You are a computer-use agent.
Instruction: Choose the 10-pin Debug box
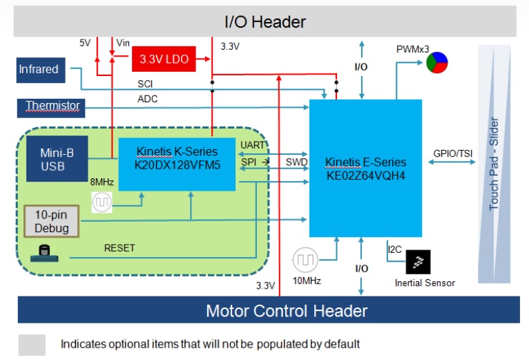click(x=52, y=220)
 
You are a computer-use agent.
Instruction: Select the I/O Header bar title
click(x=265, y=22)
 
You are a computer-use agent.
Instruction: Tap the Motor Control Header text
click(x=287, y=310)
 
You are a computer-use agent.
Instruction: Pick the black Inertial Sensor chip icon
click(x=418, y=262)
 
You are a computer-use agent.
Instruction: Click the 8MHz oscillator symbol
click(x=102, y=202)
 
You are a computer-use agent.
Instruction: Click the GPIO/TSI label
click(x=450, y=153)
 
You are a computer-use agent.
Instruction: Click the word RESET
click(x=119, y=247)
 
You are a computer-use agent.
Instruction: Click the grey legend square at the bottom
click(x=32, y=344)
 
